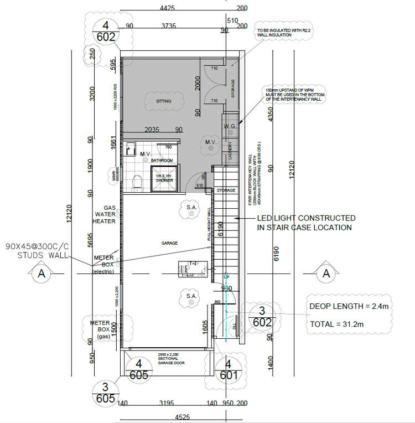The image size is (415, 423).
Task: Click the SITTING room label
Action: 163,101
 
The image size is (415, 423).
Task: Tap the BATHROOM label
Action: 162,161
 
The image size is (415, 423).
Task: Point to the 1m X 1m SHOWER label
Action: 164,178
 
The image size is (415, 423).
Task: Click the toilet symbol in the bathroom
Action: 137,180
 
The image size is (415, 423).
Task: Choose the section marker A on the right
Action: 326,273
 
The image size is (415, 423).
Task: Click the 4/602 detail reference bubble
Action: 105,32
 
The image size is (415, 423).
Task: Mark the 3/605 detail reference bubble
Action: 105,393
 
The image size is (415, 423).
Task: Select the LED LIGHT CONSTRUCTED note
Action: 306,223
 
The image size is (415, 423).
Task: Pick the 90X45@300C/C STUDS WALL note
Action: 37,250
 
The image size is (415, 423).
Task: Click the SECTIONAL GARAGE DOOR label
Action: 167,359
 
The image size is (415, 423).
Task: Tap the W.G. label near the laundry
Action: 230,127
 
